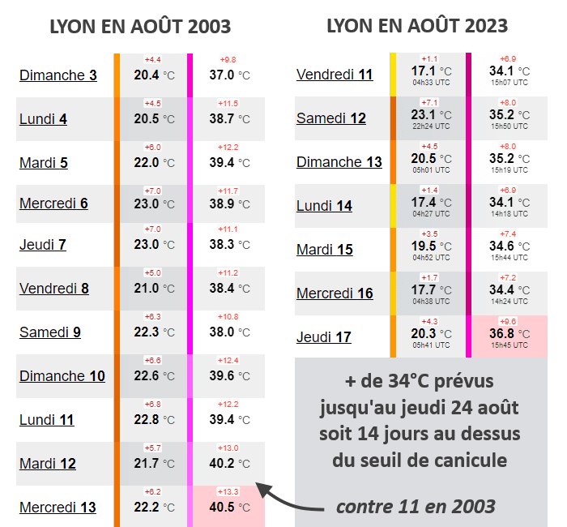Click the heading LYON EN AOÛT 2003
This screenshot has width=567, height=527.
140,26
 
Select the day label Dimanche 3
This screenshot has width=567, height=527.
58,75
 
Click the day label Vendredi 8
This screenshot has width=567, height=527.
54,288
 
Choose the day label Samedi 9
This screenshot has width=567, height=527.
50,332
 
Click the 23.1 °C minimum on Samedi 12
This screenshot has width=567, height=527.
428,115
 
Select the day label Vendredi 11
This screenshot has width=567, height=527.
335,75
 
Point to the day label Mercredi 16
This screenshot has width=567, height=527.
335,293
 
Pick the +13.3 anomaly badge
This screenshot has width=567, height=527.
227,492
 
